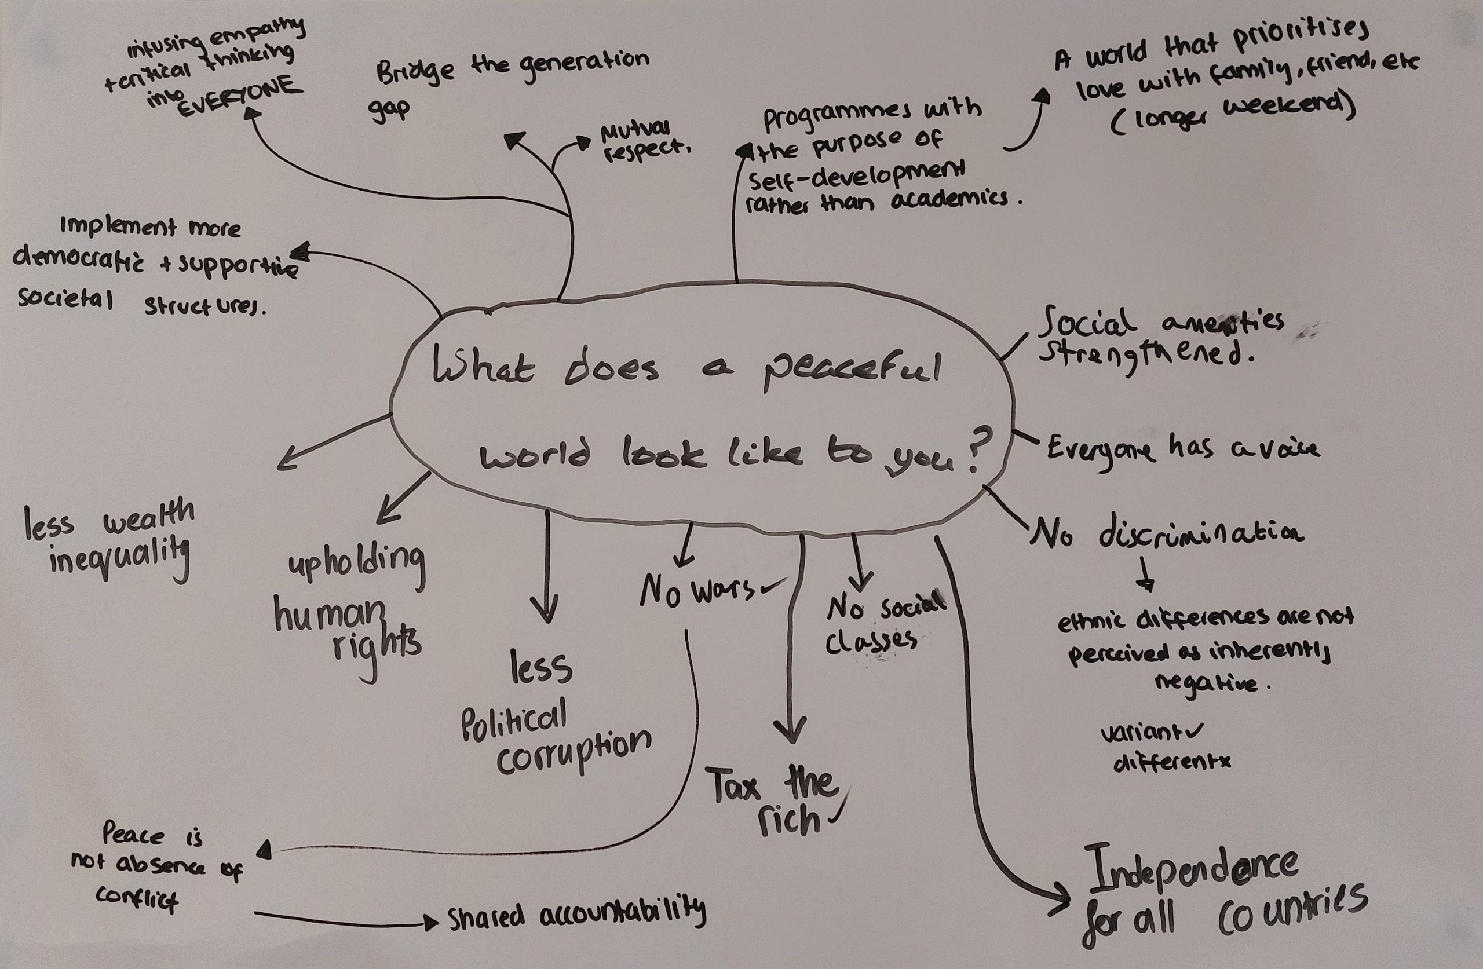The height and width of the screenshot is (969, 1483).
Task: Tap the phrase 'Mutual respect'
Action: tap(642, 142)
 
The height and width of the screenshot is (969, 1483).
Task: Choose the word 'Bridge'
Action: tap(415, 75)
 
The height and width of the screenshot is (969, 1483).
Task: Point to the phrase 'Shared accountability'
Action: tap(576, 914)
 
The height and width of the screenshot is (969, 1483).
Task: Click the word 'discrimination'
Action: tap(1200, 533)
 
